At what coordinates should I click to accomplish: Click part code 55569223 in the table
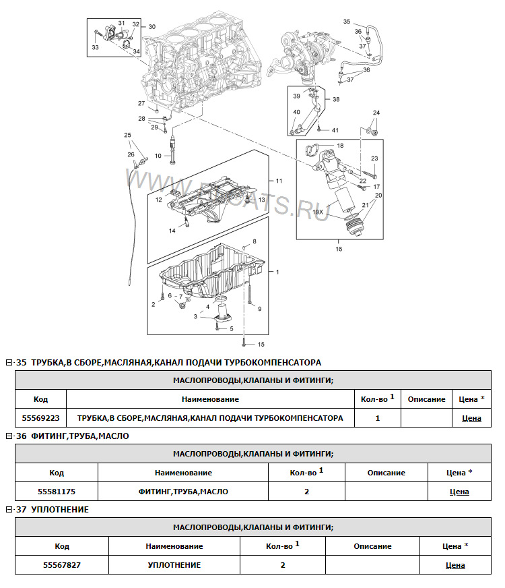click(40, 418)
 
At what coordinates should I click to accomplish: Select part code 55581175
click(57, 492)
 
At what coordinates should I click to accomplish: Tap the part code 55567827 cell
click(62, 565)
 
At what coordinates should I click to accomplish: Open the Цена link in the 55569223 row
click(471, 418)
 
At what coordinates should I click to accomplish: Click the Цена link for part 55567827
click(455, 565)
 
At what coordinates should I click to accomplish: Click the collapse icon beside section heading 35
click(9, 363)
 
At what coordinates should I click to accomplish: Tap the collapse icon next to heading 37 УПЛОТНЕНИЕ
click(9, 510)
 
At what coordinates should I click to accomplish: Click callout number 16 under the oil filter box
click(339, 249)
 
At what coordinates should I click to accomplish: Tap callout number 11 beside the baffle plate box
click(279, 181)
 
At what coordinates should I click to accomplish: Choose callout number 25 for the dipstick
click(127, 136)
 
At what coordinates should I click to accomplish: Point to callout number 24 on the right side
click(376, 113)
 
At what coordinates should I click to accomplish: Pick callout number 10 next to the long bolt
click(158, 156)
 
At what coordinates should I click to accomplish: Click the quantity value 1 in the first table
click(378, 418)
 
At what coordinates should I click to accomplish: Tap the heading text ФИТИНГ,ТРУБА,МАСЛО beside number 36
click(79, 436)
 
